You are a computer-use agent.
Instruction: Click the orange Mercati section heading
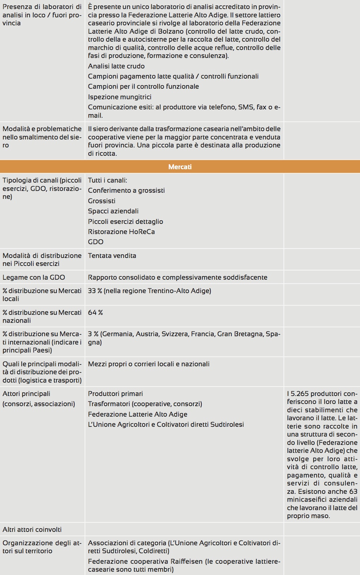click(180, 167)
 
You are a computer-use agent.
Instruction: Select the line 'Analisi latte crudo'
click(116, 66)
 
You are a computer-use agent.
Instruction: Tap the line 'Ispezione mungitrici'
click(120, 97)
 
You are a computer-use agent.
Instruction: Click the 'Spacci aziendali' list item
click(113, 211)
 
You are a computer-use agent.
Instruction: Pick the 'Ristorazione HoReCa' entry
click(121, 232)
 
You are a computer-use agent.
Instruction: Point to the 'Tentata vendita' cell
click(112, 256)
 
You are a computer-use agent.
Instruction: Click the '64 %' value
click(95, 313)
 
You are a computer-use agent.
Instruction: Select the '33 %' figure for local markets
click(95, 291)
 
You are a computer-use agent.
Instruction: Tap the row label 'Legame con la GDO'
click(34, 278)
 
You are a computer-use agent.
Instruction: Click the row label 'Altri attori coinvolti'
click(32, 530)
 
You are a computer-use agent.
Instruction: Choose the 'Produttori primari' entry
click(115, 394)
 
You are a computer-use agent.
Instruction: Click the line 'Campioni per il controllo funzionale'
click(143, 87)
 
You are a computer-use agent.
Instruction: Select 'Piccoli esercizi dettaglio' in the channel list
click(125, 222)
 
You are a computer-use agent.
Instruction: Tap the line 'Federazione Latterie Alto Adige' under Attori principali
click(138, 414)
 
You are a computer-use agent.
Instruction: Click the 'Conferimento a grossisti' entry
click(126, 191)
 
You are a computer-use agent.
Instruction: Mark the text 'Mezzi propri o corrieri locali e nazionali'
click(148, 364)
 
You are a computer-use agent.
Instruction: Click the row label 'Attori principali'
click(26, 394)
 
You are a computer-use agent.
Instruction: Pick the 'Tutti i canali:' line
click(107, 180)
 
